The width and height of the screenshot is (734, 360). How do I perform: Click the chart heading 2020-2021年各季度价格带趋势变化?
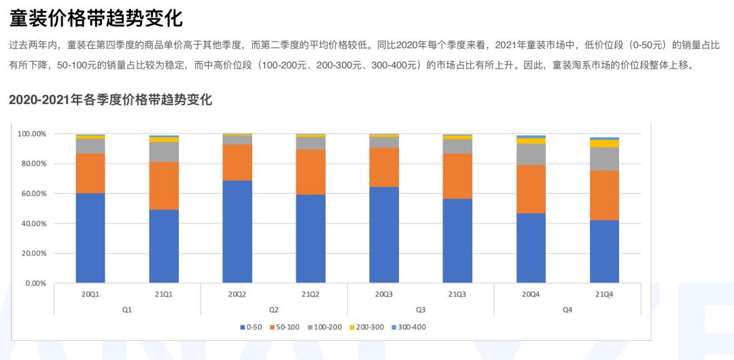click(x=111, y=101)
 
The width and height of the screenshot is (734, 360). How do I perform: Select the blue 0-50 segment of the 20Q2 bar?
click(x=237, y=232)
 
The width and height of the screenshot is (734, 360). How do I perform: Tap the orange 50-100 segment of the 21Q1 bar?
click(x=164, y=185)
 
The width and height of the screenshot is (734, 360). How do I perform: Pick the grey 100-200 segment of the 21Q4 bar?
click(x=604, y=158)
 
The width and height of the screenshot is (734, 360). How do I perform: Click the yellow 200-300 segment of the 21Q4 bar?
click(x=604, y=143)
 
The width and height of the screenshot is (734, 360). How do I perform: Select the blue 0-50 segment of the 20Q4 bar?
click(x=531, y=248)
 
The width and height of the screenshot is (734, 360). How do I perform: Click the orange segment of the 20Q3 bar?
click(x=384, y=167)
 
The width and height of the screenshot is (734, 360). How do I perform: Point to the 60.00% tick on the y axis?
click(x=31, y=194)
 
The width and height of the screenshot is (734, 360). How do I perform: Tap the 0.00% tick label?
click(x=34, y=283)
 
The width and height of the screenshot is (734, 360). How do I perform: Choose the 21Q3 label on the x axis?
click(x=457, y=295)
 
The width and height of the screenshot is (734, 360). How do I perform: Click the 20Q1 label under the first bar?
click(x=90, y=295)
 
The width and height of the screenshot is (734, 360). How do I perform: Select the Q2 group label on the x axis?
click(x=274, y=309)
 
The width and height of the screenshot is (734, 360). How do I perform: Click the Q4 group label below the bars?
click(x=567, y=309)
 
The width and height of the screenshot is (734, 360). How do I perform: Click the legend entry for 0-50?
click(x=251, y=327)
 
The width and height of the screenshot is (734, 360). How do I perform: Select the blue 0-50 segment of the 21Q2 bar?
click(x=311, y=238)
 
